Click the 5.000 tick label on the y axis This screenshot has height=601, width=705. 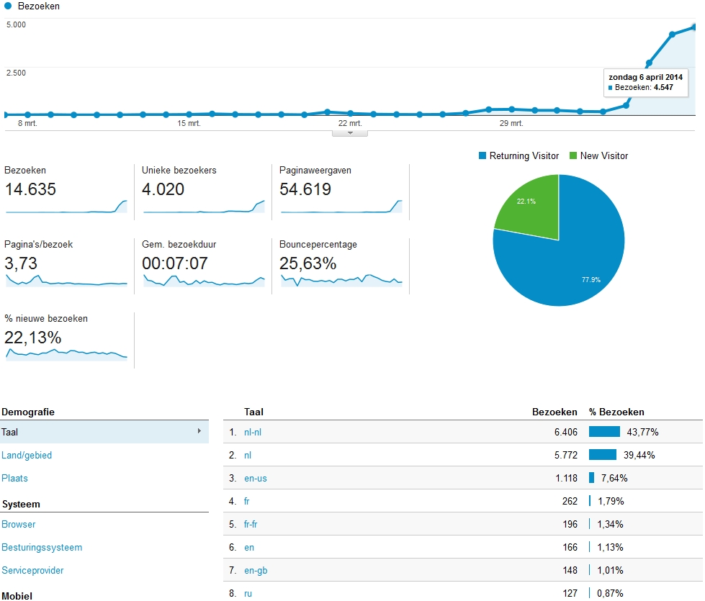click(16, 24)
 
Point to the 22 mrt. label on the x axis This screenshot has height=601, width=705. click(350, 123)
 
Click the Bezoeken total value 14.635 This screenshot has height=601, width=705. click(30, 190)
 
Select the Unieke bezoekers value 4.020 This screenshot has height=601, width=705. click(163, 190)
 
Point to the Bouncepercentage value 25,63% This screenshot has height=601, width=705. click(308, 263)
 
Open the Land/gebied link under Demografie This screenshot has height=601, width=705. click(27, 455)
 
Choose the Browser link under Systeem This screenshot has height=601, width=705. click(19, 524)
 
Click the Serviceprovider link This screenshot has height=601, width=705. click(32, 570)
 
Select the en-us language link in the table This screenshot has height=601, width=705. click(256, 478)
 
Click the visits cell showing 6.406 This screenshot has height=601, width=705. click(562, 432)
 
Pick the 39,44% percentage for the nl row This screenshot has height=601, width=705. click(639, 455)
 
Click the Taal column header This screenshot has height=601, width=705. click(253, 412)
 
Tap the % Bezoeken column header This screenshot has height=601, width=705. click(616, 412)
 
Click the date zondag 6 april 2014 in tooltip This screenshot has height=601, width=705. click(645, 76)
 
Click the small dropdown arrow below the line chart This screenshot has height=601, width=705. click(350, 132)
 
